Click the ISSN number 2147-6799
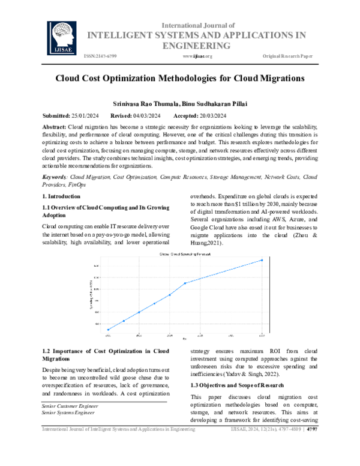click(x=100, y=56)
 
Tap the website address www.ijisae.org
click(x=197, y=56)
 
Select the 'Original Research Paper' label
click(x=287, y=56)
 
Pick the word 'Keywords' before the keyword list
click(x=54, y=177)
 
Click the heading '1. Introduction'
click(x=61, y=196)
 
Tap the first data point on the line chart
click(x=108, y=330)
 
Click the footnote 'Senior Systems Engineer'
click(x=68, y=413)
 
